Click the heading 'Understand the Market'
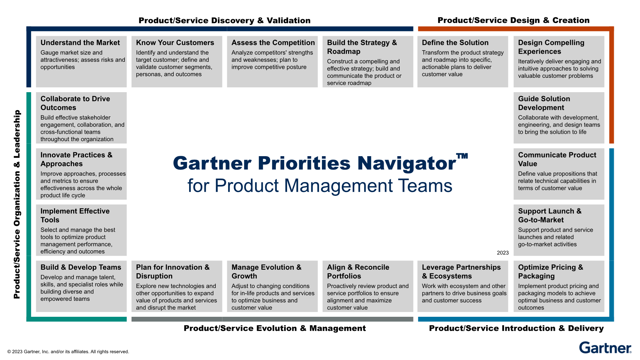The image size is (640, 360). [x=80, y=43]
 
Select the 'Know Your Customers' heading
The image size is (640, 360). [x=175, y=43]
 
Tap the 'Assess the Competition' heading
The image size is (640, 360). [x=273, y=43]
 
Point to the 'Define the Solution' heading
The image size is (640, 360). [x=455, y=43]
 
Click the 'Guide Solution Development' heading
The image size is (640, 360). [x=544, y=103]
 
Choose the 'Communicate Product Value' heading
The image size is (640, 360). [x=557, y=159]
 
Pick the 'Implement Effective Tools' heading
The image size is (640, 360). [x=75, y=215]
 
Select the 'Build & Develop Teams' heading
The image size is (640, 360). [x=81, y=267]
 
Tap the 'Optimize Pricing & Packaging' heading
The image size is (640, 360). [x=550, y=271]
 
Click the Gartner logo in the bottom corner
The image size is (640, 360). [x=605, y=348]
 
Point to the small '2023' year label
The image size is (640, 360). [x=503, y=253]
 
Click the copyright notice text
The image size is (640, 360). [x=68, y=352]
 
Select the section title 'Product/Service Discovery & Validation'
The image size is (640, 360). [x=224, y=20]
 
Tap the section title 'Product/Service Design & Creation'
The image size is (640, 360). [x=513, y=20]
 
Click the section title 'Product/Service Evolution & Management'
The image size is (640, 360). [x=275, y=328]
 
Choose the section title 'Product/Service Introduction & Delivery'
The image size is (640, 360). [x=516, y=328]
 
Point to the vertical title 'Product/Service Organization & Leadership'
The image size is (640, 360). [x=17, y=204]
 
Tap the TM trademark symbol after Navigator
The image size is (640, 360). [x=462, y=156]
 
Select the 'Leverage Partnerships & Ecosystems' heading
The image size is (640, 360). [x=461, y=271]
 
